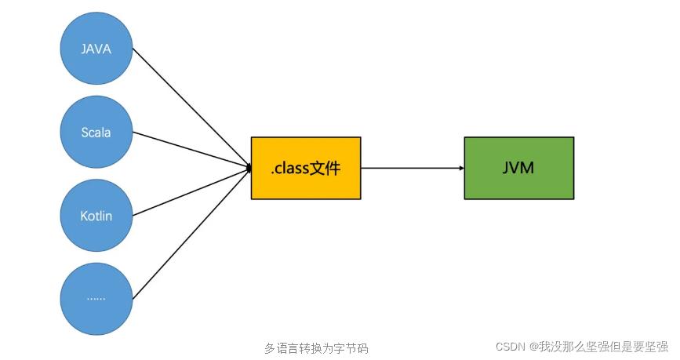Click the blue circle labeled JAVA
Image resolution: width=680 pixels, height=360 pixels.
(x=96, y=49)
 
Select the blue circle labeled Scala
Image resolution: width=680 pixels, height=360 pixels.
(x=96, y=132)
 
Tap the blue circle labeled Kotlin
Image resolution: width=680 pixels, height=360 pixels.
(x=96, y=215)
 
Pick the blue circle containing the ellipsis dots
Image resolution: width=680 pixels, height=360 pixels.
(x=96, y=298)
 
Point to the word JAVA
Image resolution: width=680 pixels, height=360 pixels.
(x=96, y=49)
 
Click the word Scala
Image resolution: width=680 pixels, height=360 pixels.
(x=96, y=133)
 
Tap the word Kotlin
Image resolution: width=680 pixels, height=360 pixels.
(x=96, y=215)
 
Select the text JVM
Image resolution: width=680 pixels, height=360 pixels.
(x=518, y=167)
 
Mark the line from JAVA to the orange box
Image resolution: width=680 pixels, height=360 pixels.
(x=190, y=107)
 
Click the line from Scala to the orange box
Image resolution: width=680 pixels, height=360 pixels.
(x=190, y=150)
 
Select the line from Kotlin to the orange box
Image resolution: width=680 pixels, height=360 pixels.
(x=190, y=191)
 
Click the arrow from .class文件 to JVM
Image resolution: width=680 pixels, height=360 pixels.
(x=412, y=168)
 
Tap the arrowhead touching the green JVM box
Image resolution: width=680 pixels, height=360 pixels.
(x=461, y=168)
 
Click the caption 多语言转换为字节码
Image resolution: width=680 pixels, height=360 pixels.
(x=316, y=348)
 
